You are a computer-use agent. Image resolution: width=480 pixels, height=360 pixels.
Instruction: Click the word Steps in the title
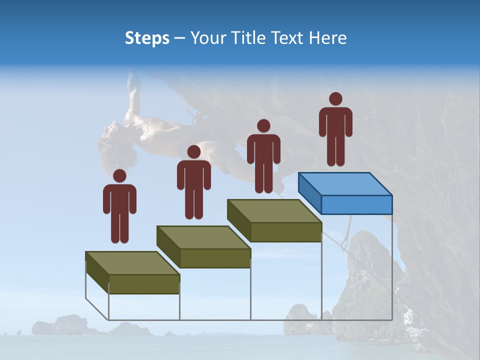(x=147, y=38)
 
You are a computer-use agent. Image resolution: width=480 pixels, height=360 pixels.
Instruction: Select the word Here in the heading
(x=327, y=38)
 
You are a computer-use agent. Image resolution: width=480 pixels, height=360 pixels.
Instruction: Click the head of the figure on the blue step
(x=335, y=99)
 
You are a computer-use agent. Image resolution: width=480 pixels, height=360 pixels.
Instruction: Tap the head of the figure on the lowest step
(x=119, y=176)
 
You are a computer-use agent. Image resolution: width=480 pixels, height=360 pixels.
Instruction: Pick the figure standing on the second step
(x=193, y=182)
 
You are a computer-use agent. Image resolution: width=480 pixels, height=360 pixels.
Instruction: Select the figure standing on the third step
(x=263, y=156)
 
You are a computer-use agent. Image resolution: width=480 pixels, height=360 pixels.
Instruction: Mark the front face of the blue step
(x=356, y=204)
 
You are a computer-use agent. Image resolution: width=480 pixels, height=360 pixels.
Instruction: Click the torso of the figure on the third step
(x=263, y=150)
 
